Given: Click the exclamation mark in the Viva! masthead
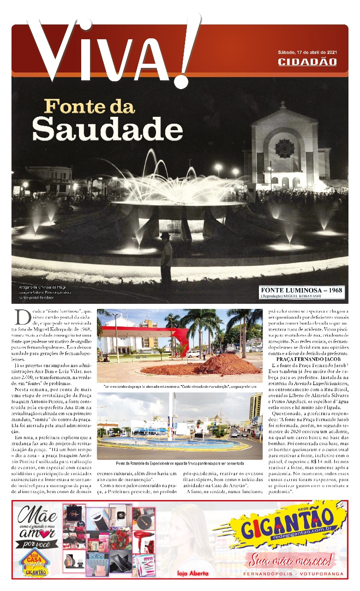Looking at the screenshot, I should [x=187, y=51].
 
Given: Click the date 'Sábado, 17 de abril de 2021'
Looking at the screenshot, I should [x=307, y=52].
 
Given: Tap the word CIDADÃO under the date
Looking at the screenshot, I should [x=307, y=61].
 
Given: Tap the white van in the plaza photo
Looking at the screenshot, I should [x=193, y=354].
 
